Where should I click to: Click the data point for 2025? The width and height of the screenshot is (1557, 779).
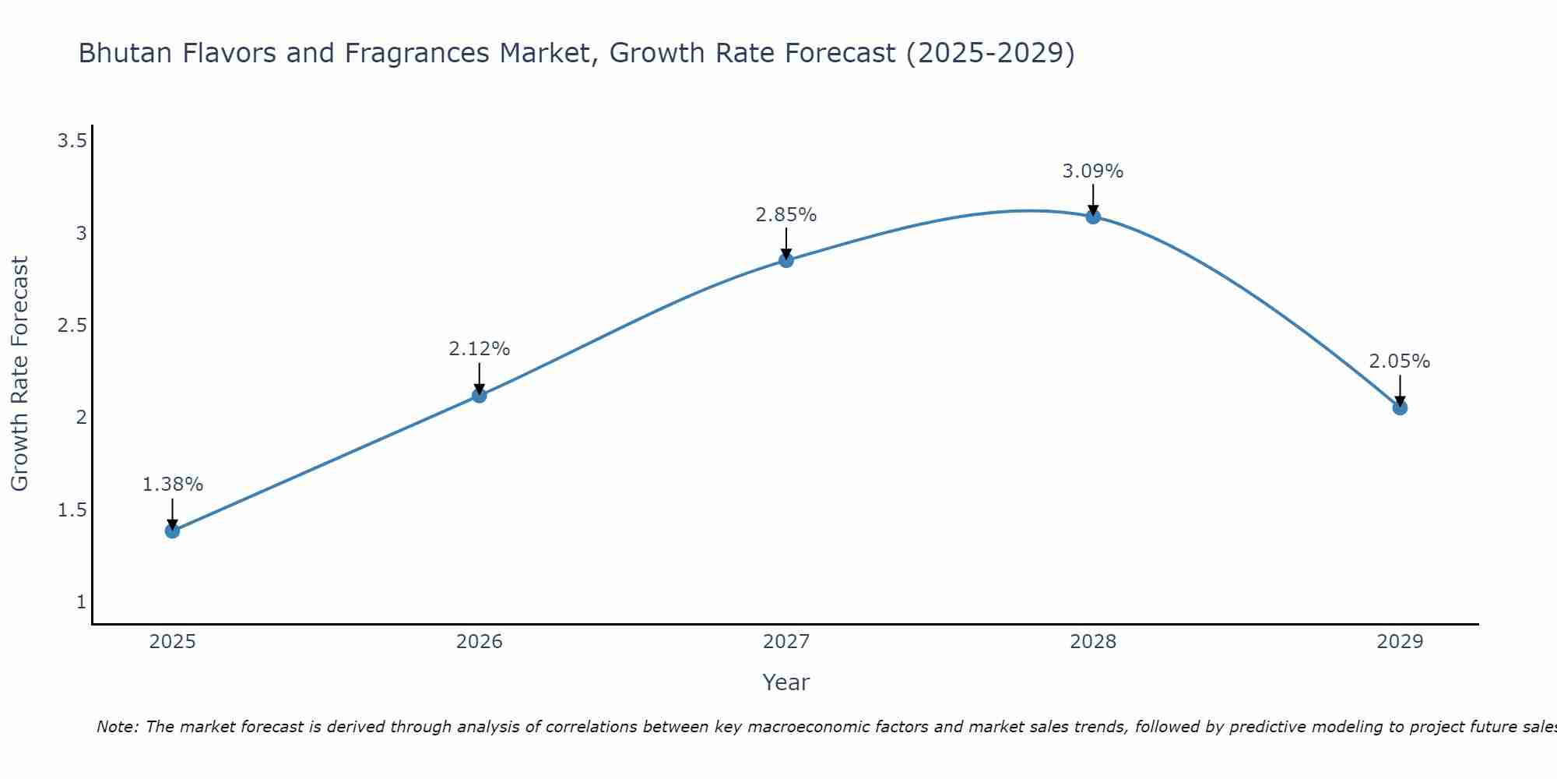click(x=172, y=531)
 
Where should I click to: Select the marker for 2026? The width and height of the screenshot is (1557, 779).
click(x=480, y=395)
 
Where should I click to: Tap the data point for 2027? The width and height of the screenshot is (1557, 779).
click(x=786, y=260)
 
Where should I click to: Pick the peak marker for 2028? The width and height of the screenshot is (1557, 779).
click(x=1093, y=217)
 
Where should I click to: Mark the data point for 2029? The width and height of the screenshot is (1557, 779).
click(x=1400, y=407)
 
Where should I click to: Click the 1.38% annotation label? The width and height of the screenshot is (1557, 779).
click(x=172, y=485)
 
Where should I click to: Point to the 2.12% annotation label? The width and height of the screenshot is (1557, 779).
click(x=480, y=349)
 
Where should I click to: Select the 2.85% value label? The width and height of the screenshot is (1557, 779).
click(x=786, y=215)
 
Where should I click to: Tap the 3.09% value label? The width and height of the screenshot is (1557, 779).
click(x=1093, y=171)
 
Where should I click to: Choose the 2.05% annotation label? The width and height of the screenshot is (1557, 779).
click(x=1400, y=361)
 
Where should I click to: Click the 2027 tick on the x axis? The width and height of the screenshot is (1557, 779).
click(x=786, y=642)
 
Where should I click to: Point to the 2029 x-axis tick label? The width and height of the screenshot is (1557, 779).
click(x=1400, y=642)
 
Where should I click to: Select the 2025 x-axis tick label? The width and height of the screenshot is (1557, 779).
click(x=172, y=642)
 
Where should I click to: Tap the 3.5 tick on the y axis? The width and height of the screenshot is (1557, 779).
click(x=72, y=141)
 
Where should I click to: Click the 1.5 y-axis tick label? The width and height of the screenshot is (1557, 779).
click(x=72, y=510)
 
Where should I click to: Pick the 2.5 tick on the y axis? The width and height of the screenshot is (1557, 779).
click(x=72, y=326)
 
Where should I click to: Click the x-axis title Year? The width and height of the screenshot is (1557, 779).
click(x=786, y=682)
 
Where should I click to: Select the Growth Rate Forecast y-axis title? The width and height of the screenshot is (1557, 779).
click(x=19, y=374)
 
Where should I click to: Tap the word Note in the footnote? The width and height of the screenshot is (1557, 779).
click(x=117, y=727)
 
